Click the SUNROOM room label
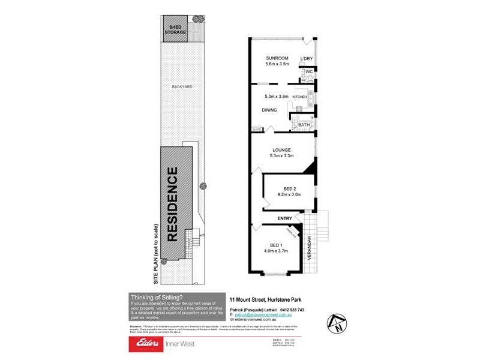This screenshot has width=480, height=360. click(x=278, y=58)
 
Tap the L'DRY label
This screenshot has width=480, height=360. click(x=307, y=58)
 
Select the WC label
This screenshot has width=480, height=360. click(x=309, y=72)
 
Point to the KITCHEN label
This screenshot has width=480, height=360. click(x=299, y=97)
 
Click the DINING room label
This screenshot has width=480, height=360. click(x=269, y=110)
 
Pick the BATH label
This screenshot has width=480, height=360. click(x=304, y=125)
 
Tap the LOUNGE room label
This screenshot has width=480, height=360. click(x=281, y=150)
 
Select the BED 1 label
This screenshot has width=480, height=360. click(x=276, y=245)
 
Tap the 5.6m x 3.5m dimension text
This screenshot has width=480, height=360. click(x=278, y=64)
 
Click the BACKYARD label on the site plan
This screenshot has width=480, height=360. click(x=182, y=87)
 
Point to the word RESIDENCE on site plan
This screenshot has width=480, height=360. click(x=173, y=204)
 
